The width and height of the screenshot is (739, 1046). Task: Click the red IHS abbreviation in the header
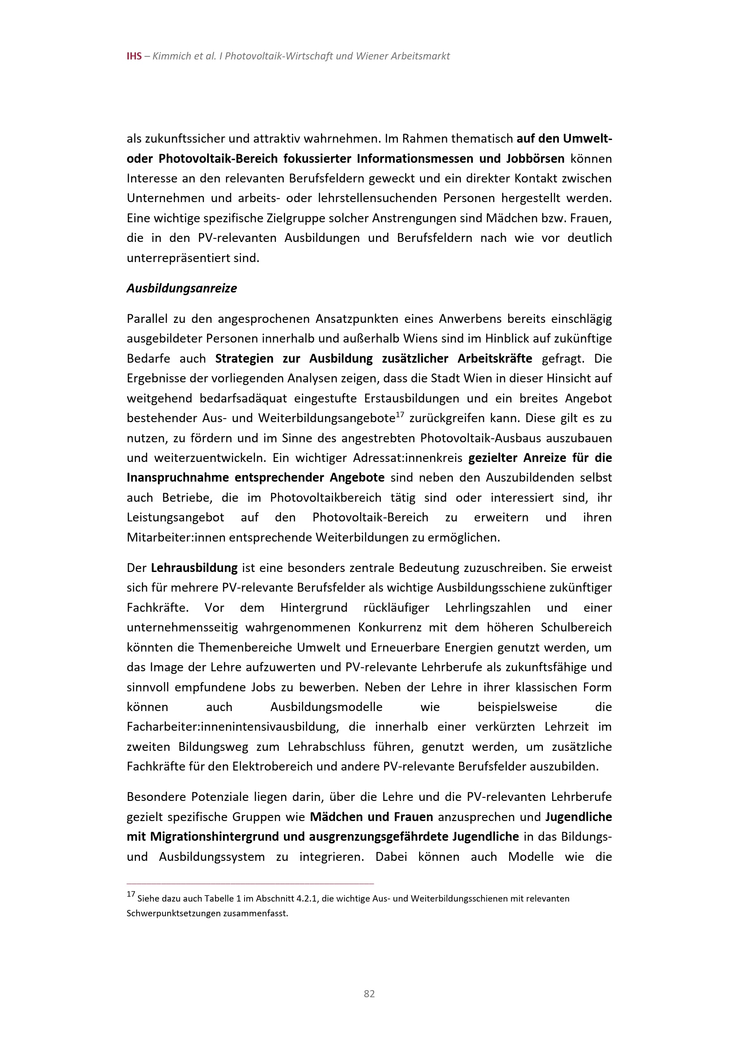(134, 56)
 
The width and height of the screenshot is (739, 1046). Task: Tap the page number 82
(369, 994)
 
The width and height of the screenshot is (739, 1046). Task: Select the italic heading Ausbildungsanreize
(182, 288)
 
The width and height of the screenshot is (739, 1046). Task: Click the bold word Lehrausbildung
(194, 567)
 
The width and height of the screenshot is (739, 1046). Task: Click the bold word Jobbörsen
(535, 159)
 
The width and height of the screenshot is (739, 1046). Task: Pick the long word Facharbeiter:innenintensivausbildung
(232, 727)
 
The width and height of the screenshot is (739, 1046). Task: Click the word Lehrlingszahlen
(488, 608)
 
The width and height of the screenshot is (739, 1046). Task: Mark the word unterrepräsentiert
(173, 258)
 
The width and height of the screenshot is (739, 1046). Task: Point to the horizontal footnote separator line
(250, 883)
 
